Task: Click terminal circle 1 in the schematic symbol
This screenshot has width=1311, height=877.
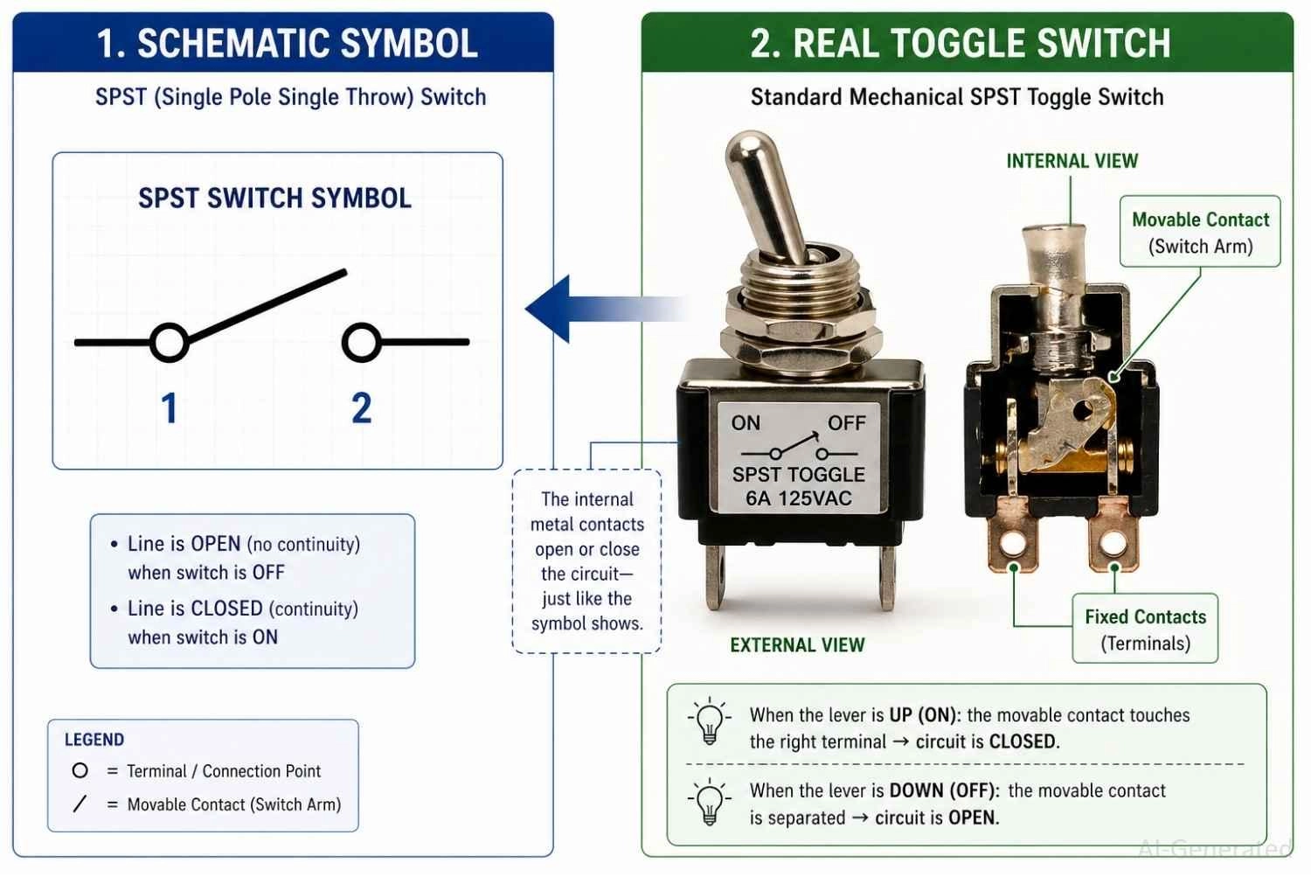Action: [170, 343]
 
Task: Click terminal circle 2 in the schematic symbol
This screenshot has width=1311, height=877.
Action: [361, 343]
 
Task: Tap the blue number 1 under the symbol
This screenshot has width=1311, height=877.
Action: [170, 408]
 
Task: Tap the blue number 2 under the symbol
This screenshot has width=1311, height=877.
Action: [362, 408]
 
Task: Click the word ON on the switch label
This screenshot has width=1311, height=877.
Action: [746, 423]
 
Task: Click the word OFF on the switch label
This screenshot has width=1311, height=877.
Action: [846, 423]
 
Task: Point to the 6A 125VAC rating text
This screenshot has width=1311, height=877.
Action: [798, 498]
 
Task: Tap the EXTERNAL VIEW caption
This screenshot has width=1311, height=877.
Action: [797, 645]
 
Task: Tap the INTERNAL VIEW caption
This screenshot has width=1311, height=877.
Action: [1072, 161]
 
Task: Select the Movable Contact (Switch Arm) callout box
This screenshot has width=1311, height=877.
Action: [1200, 232]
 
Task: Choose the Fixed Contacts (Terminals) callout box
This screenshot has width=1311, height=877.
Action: [1145, 630]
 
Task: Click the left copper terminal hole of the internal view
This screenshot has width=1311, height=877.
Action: [1014, 544]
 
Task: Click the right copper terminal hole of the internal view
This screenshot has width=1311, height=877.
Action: [1113, 544]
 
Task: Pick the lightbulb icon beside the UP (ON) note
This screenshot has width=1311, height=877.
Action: [709, 722]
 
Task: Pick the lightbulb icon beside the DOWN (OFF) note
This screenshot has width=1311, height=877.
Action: [709, 800]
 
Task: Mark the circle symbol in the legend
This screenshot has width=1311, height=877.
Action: [80, 770]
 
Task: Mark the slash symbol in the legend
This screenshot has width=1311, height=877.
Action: [80, 804]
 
